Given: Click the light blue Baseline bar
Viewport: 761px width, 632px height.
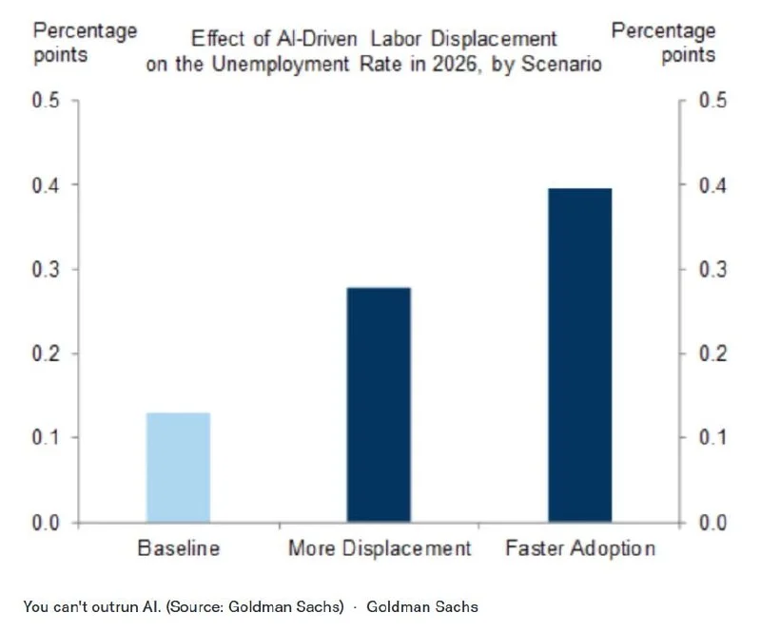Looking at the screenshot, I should pyautogui.click(x=178, y=468).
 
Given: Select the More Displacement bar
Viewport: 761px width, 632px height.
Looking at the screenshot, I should pyautogui.click(x=379, y=405).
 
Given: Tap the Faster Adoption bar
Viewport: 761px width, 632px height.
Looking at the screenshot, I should pyautogui.click(x=579, y=355).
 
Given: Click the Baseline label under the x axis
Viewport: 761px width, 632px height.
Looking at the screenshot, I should pyautogui.click(x=179, y=548).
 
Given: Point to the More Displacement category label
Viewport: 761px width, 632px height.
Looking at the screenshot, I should pyautogui.click(x=380, y=548).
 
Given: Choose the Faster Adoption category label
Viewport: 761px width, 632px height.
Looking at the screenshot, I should pyautogui.click(x=580, y=548).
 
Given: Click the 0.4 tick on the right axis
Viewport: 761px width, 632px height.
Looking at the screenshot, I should pyautogui.click(x=712, y=185).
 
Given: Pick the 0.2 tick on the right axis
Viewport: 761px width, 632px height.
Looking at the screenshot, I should pyautogui.click(x=712, y=354).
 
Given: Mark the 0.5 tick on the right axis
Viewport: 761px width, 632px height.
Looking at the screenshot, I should pyautogui.click(x=712, y=101).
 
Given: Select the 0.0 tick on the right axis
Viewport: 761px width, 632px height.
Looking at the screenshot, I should pyautogui.click(x=712, y=522).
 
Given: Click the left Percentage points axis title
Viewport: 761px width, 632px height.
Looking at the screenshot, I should pyautogui.click(x=86, y=42).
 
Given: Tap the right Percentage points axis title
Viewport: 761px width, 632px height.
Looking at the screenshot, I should pyautogui.click(x=663, y=42).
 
